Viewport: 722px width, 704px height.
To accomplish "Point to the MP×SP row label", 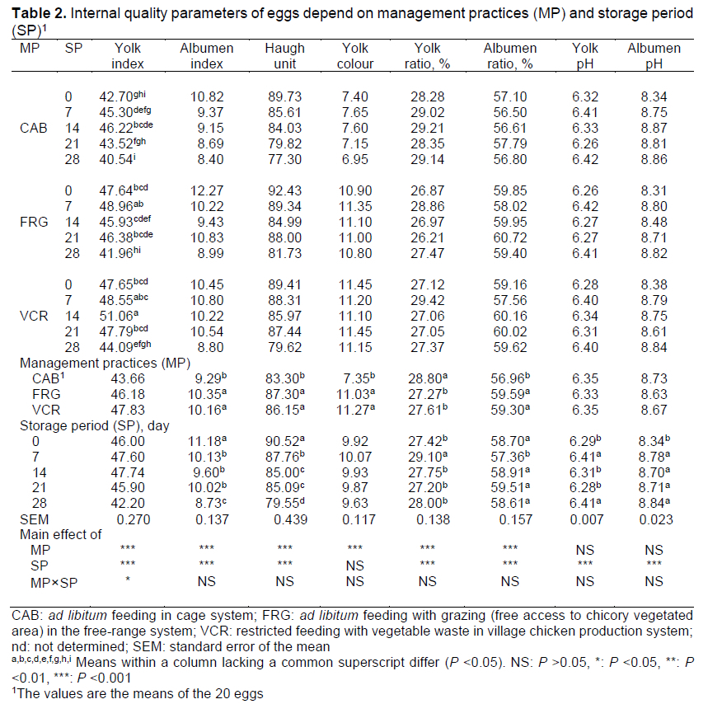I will point(52,581).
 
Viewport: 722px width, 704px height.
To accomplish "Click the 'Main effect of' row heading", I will point(61,534).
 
